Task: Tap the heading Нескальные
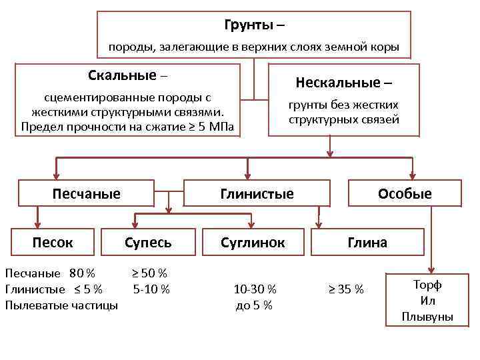point(339,83)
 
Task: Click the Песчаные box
point(87,194)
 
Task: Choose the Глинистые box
point(257,194)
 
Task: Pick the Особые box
point(405,194)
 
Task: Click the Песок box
point(53,242)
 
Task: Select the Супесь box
point(148,242)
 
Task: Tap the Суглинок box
point(253,242)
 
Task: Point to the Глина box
point(367,242)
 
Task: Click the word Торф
point(427,285)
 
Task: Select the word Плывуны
point(427,317)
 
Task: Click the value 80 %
point(81,273)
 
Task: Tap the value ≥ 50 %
point(149,273)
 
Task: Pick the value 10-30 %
point(255,289)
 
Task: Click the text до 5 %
point(254,305)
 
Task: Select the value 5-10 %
point(151,289)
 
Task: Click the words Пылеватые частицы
point(61,305)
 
